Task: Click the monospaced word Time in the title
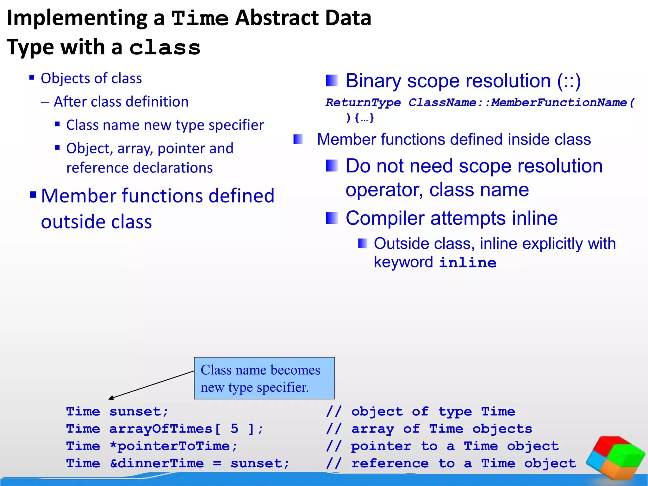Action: point(200,18)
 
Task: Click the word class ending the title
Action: point(165,48)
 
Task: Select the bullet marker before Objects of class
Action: point(32,78)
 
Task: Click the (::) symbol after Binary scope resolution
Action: point(569,81)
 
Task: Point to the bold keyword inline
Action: point(468,263)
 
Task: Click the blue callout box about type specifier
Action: point(264,378)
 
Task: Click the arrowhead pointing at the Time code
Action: point(110,398)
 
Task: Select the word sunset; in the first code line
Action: point(139,412)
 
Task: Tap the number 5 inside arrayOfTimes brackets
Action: point(234,429)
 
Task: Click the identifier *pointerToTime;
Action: point(173,446)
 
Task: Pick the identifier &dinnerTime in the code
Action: point(157,464)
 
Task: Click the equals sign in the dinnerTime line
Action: point(217,464)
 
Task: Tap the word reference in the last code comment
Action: point(390,464)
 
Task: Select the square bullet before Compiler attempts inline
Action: point(332,218)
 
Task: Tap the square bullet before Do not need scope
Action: point(332,165)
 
